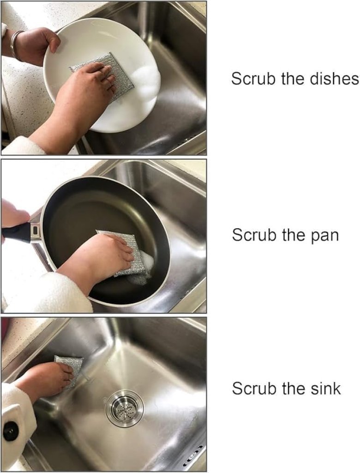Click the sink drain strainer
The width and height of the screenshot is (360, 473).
[x=125, y=409]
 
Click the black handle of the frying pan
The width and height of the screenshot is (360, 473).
[x=17, y=232]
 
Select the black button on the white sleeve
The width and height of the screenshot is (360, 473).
[x=11, y=431]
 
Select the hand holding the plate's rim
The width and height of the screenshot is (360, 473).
[x=33, y=45]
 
